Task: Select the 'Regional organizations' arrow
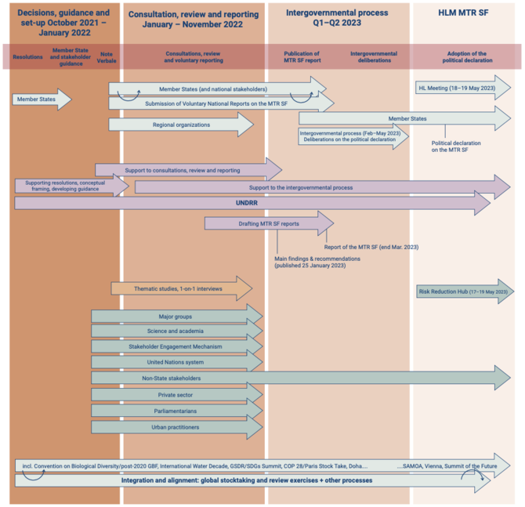click(x=180, y=124)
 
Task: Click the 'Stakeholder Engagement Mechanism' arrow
click(x=176, y=346)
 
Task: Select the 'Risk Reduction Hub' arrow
click(x=462, y=292)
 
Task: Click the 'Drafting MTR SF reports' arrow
click(x=268, y=223)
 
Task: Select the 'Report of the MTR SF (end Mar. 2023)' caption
click(x=371, y=247)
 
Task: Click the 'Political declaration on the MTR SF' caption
click(x=455, y=147)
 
